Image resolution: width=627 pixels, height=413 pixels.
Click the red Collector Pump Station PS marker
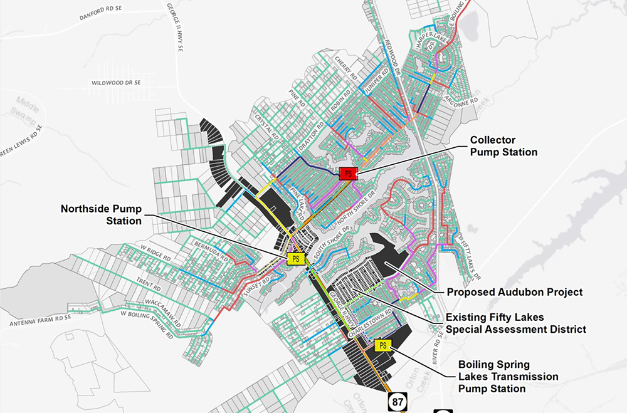pos(348,174)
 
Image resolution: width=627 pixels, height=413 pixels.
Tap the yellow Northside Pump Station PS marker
pos(295,258)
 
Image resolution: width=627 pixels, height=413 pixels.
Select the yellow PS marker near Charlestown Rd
pos(382,345)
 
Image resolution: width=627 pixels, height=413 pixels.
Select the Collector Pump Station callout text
pos(503,146)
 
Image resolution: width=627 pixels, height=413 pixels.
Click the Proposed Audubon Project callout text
pos(514,292)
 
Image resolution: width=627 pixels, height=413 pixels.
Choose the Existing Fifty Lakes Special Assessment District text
pos(515,323)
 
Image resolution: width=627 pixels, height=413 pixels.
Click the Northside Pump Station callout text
pos(101,214)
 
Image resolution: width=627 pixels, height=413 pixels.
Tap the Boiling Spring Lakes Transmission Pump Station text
pos(508,376)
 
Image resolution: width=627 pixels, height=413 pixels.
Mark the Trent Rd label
pos(148,286)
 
